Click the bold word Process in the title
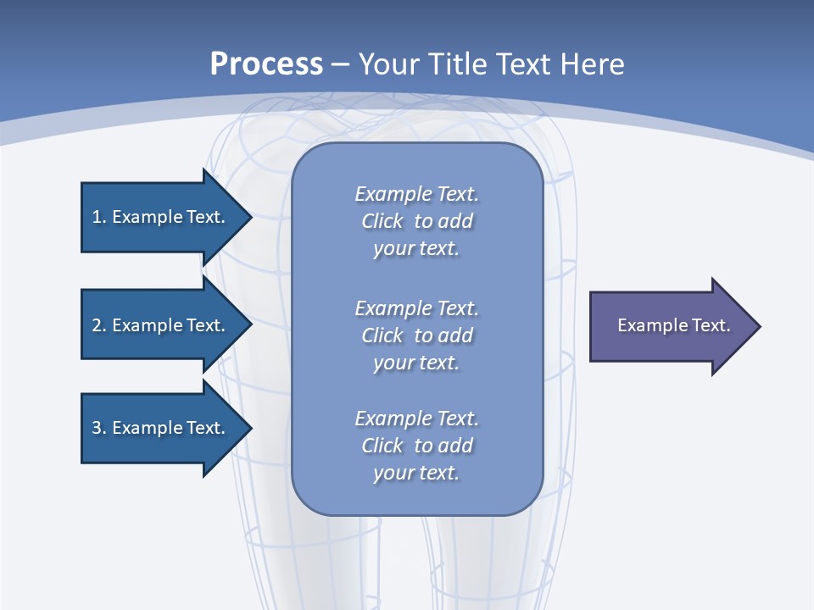click(x=266, y=64)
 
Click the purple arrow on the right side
click(x=670, y=325)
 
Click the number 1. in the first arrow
click(x=99, y=217)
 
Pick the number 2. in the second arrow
click(x=99, y=325)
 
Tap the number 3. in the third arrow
click(x=99, y=428)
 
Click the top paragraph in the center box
click(x=416, y=221)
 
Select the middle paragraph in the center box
click(x=416, y=335)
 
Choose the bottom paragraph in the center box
click(x=416, y=446)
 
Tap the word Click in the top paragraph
click(x=382, y=222)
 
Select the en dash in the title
click(x=340, y=65)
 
